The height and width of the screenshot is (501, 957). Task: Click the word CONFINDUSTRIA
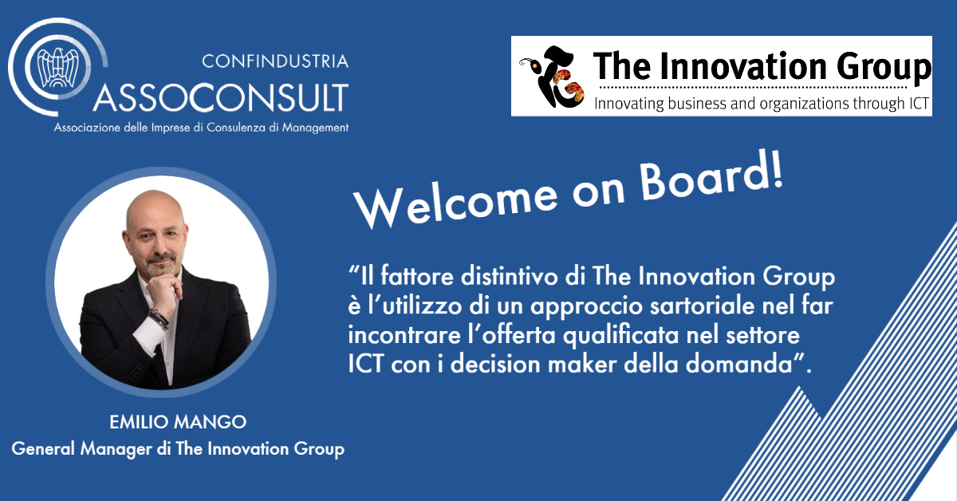tap(275, 61)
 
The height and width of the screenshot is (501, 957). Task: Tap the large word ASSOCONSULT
tap(221, 98)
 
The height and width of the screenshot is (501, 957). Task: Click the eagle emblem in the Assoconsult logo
tap(57, 68)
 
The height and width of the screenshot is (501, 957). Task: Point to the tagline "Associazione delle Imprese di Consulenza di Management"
tap(201, 128)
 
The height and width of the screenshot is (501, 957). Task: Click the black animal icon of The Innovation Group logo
tap(553, 77)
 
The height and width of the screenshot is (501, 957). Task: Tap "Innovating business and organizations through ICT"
tap(762, 104)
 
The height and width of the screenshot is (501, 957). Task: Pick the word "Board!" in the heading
tap(712, 176)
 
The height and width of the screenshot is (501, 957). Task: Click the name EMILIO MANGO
tap(178, 422)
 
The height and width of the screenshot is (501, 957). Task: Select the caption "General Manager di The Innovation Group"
tap(178, 449)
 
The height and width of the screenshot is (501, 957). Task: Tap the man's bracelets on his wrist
tap(159, 319)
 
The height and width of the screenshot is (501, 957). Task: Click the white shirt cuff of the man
tap(150, 336)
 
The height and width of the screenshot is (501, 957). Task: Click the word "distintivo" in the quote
tap(510, 276)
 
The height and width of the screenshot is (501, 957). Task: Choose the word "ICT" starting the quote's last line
tap(365, 365)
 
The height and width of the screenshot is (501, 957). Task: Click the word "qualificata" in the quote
tap(620, 335)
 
